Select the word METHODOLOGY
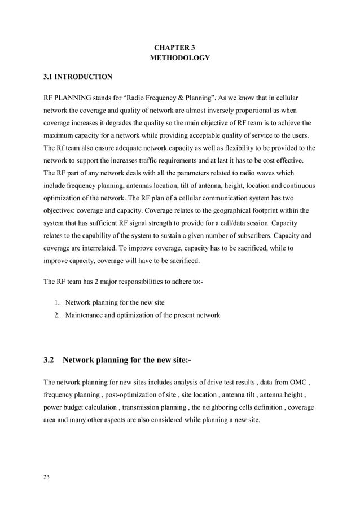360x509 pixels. click(x=179, y=58)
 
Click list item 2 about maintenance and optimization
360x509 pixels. click(x=142, y=315)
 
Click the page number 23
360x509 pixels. click(x=47, y=478)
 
